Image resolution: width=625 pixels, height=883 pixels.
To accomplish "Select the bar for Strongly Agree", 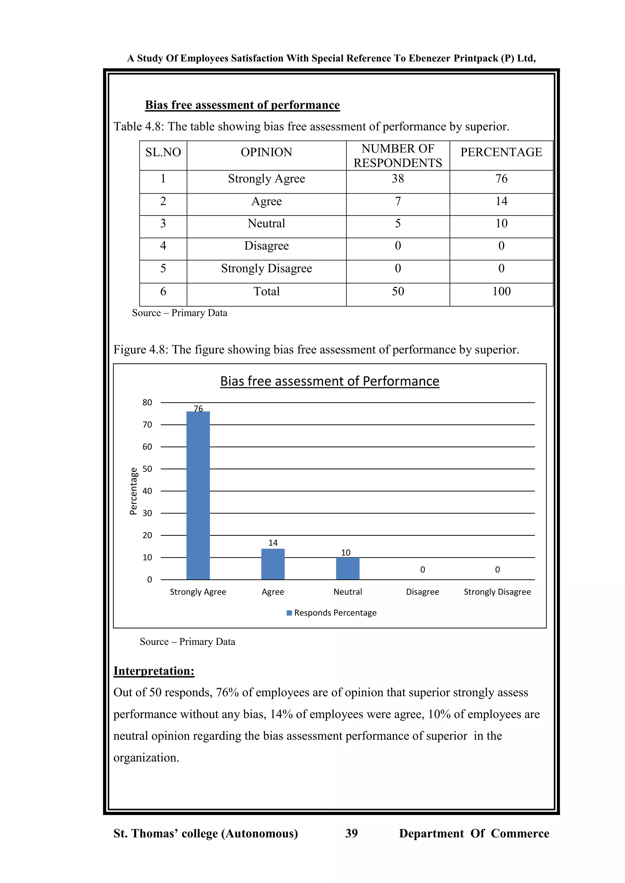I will point(198,496).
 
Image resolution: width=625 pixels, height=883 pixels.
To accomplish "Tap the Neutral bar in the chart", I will point(348,568).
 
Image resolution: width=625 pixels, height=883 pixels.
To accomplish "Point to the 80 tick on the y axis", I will point(147,403).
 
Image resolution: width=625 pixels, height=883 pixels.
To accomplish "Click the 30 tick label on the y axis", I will point(147,513).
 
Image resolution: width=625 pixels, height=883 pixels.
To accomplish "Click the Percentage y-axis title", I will point(133,491).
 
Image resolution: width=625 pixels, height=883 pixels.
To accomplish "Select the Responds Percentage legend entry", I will point(331,613).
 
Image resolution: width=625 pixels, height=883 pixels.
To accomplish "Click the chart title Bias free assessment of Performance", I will point(329,381).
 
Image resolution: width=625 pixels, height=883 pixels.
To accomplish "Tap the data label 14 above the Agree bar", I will point(273,543).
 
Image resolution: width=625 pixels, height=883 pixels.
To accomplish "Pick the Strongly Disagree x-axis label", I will point(497,592).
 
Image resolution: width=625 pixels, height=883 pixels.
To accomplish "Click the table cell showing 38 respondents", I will point(398,179).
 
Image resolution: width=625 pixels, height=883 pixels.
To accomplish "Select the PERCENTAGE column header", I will point(501,152).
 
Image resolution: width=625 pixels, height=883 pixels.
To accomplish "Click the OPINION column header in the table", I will point(266,152).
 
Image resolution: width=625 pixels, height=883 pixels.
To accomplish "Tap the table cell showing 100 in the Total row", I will point(501,291).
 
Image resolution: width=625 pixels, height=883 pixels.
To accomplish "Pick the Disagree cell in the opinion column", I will point(266,246).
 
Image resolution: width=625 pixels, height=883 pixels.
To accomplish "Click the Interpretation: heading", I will point(154,671).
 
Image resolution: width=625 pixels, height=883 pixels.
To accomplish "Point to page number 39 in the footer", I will point(351,833).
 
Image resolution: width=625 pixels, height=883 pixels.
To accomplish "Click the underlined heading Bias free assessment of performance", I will point(242,105).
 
